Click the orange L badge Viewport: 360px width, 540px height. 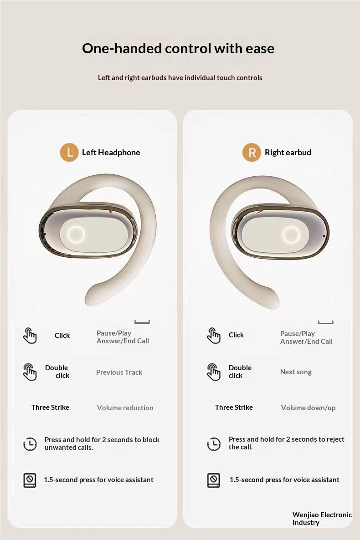pyautogui.click(x=69, y=152)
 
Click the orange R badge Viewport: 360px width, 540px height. pyautogui.click(x=252, y=152)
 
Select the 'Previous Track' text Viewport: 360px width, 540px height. pyautogui.click(x=119, y=372)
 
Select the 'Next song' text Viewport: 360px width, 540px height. pyautogui.click(x=296, y=372)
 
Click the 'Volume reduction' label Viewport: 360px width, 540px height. pyautogui.click(x=125, y=408)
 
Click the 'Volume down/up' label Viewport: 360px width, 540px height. pyautogui.click(x=308, y=408)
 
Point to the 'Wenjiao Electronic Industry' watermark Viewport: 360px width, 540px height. pyautogui.click(x=322, y=518)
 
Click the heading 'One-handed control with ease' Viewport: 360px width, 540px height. pyautogui.click(x=178, y=48)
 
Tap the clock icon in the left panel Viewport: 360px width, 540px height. pyautogui.click(x=30, y=443)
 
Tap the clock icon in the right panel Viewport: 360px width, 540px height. pyautogui.click(x=214, y=443)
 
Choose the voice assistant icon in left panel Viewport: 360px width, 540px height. pyautogui.click(x=30, y=480)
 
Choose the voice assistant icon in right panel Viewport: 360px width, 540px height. pyautogui.click(x=213, y=480)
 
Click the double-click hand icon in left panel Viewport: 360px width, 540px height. pyautogui.click(x=30, y=372)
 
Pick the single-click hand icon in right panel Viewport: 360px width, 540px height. pyautogui.click(x=213, y=336)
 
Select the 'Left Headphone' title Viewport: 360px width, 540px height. pyautogui.click(x=111, y=153)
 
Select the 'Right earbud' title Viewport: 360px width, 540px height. pyautogui.click(x=288, y=153)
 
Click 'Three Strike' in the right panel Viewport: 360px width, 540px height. pyautogui.click(x=234, y=408)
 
